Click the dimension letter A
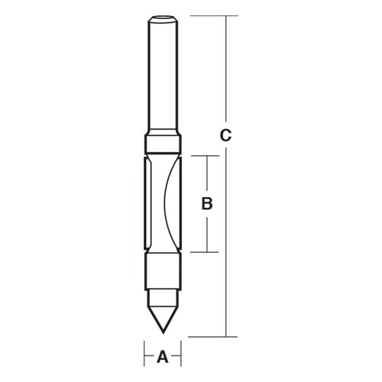pos(162,356)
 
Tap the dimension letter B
pos(206,204)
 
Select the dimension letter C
pos(225,136)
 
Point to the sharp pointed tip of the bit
pos(163,331)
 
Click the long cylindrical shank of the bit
pos(163,76)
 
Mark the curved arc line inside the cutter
pos(170,202)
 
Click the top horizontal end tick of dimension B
pos(205,156)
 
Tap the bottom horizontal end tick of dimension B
pos(205,251)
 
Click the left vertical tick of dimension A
pos(145,356)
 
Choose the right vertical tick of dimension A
pos(180,356)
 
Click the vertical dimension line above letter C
pos(225,69)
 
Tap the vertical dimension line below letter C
pos(225,244)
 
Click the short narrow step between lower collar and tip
pos(163,293)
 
